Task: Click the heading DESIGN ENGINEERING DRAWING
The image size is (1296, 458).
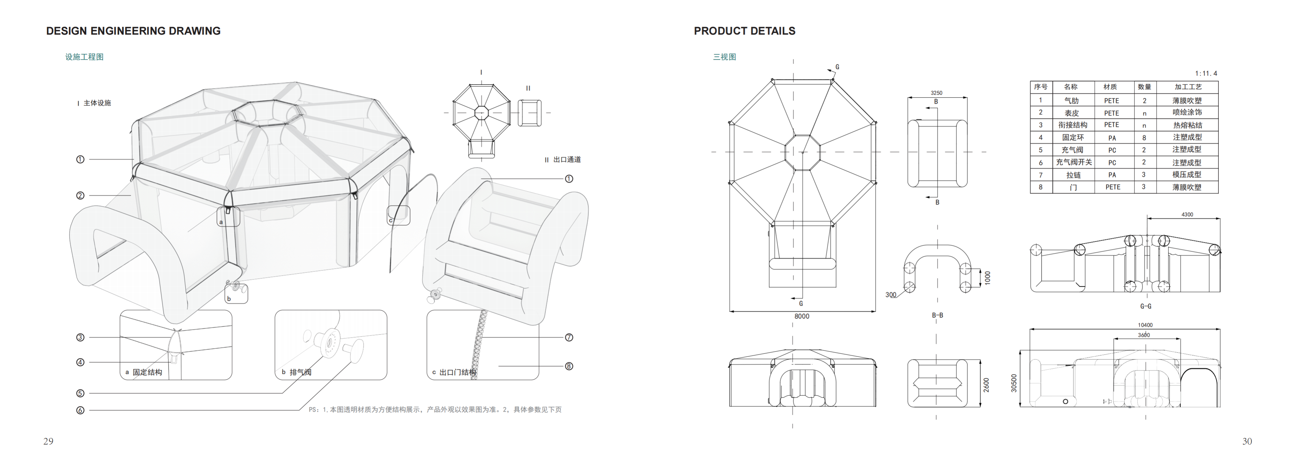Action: pos(133,31)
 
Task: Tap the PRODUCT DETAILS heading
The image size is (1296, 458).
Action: pos(745,31)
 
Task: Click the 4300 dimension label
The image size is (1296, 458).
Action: pos(1187,215)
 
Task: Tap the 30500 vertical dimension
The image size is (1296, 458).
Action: pos(1014,383)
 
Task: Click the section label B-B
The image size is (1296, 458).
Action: pos(937,315)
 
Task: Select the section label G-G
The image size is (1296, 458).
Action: pos(1146,306)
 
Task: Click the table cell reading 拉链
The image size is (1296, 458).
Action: pos(1073,175)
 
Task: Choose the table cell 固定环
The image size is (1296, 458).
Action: pos(1073,137)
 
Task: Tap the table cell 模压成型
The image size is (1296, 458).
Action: pos(1187,174)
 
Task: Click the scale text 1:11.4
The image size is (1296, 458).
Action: pos(1206,73)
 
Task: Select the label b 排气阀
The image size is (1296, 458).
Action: pos(296,372)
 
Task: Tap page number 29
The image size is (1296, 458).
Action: pos(48,441)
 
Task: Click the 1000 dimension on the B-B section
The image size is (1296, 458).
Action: pos(988,278)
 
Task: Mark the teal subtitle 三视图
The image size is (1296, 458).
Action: pos(725,57)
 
